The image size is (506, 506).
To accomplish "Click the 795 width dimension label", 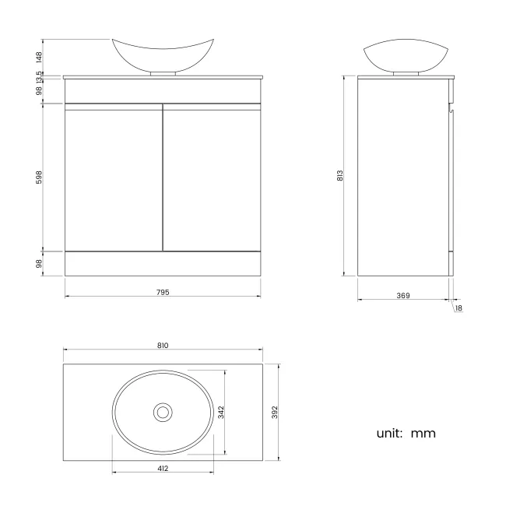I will click(163, 293).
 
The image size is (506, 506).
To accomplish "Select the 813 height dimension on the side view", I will click(340, 176).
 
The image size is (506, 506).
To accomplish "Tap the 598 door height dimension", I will click(40, 177).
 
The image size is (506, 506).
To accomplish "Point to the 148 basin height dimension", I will click(40, 56).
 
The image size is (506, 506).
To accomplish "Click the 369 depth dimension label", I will click(403, 296).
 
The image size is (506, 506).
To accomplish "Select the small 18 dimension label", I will click(459, 309).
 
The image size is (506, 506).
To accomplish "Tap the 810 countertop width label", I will click(163, 345).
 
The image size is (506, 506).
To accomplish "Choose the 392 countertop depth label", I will click(273, 412).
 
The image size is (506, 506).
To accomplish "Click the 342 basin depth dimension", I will click(221, 412).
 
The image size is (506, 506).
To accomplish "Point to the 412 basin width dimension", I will click(163, 468).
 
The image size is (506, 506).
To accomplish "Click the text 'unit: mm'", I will click(406, 433).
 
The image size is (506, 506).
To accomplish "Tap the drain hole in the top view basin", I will click(163, 412).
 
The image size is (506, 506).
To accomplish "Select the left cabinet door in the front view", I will click(114, 177).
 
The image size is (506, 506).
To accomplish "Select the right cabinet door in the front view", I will click(211, 177).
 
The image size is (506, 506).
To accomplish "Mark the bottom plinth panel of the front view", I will click(163, 263).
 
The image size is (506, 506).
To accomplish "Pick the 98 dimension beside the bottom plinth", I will click(40, 263).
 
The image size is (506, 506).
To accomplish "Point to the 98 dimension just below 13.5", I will click(40, 90).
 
